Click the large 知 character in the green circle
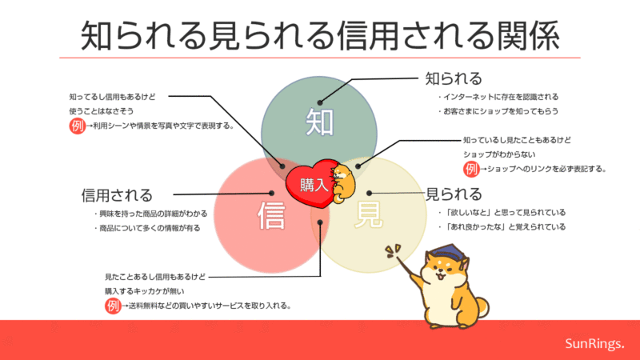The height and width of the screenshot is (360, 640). click(x=319, y=122)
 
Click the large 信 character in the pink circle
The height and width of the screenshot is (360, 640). click(x=271, y=215)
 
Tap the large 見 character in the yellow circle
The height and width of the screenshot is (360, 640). click(x=369, y=214)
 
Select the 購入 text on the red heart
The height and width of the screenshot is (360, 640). click(x=314, y=185)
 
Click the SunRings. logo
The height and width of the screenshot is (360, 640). click(x=594, y=344)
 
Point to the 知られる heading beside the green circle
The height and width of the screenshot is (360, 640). click(x=454, y=78)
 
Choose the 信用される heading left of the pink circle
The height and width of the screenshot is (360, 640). click(x=117, y=195)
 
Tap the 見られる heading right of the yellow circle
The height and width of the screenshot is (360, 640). click(x=454, y=194)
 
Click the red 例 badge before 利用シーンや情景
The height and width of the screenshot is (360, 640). click(x=77, y=126)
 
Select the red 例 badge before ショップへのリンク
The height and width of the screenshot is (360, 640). click(x=471, y=169)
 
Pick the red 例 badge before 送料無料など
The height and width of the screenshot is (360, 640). click(x=113, y=306)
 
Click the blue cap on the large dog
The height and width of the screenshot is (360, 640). click(x=450, y=252)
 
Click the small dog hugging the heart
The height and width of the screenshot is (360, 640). click(x=343, y=183)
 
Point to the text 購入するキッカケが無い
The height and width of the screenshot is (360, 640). click(x=145, y=291)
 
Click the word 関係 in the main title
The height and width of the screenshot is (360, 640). click(x=528, y=36)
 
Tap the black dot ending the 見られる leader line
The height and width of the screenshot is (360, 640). click(x=369, y=193)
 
